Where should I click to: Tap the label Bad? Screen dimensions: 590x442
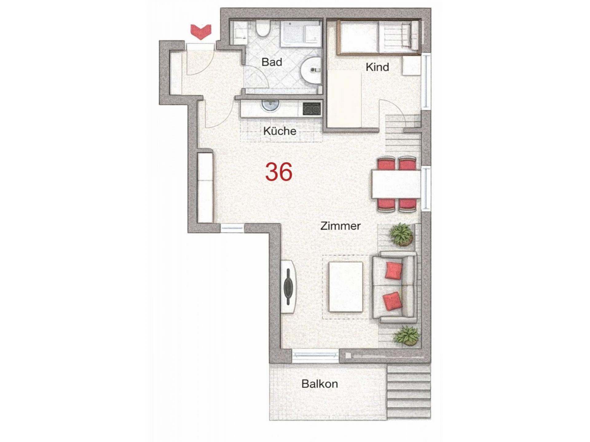click(x=272, y=62)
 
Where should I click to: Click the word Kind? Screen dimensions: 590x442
click(x=377, y=67)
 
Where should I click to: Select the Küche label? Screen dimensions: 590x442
click(x=280, y=131)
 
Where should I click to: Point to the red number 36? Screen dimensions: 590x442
click(x=279, y=172)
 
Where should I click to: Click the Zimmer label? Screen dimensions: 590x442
click(x=340, y=226)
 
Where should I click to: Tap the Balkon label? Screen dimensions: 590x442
click(x=320, y=384)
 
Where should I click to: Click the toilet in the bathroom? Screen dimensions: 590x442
click(x=262, y=29)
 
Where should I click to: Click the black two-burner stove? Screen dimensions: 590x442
click(x=312, y=109)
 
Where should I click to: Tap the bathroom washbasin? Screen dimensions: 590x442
click(x=311, y=70)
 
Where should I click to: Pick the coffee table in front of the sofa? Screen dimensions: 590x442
click(x=346, y=287)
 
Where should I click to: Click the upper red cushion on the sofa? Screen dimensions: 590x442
click(x=393, y=270)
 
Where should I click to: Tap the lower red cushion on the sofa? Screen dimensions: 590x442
click(x=392, y=301)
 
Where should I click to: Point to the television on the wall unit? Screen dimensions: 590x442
click(x=288, y=287)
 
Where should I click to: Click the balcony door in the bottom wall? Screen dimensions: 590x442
click(x=315, y=355)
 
